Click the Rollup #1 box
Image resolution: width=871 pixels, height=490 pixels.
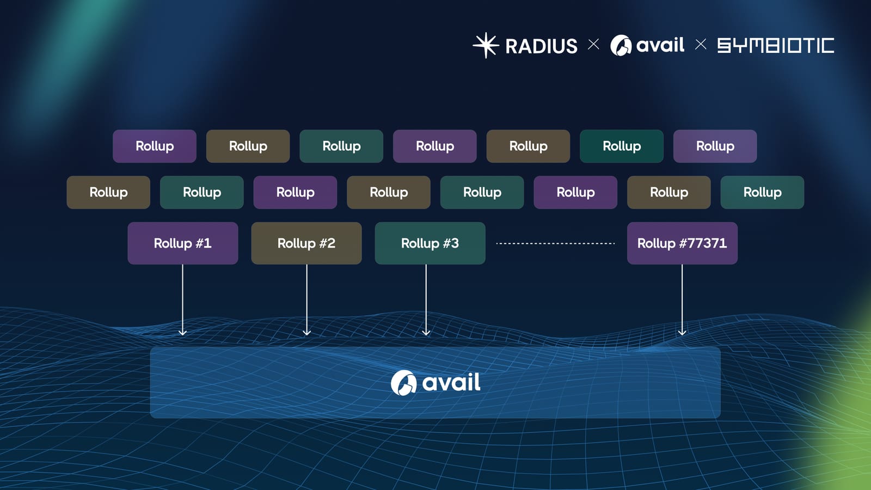182,243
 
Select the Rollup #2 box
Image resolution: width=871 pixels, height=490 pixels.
306,243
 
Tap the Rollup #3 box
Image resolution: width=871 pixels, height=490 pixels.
430,243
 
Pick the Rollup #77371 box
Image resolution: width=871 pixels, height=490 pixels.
682,243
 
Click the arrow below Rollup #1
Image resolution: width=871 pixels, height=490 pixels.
182,299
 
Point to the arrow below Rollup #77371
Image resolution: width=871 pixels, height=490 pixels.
682,299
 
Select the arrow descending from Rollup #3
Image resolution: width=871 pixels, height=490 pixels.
426,299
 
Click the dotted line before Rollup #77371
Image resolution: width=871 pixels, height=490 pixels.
555,243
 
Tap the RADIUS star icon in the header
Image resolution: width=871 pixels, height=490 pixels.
485,45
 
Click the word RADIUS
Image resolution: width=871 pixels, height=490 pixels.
541,46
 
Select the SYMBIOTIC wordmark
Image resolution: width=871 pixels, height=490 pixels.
775,45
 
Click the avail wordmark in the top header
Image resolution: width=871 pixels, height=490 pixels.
660,45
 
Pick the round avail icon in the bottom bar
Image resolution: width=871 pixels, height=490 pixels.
403,383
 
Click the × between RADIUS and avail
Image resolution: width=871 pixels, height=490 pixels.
593,45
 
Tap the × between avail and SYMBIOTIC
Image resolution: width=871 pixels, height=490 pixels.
701,45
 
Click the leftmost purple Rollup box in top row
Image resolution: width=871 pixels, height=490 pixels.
154,146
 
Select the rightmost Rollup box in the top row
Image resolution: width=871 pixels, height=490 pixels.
715,146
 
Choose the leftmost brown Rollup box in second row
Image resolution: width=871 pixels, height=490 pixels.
108,192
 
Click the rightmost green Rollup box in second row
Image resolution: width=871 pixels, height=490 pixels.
762,192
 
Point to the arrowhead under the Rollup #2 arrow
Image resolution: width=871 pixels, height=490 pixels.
306,332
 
